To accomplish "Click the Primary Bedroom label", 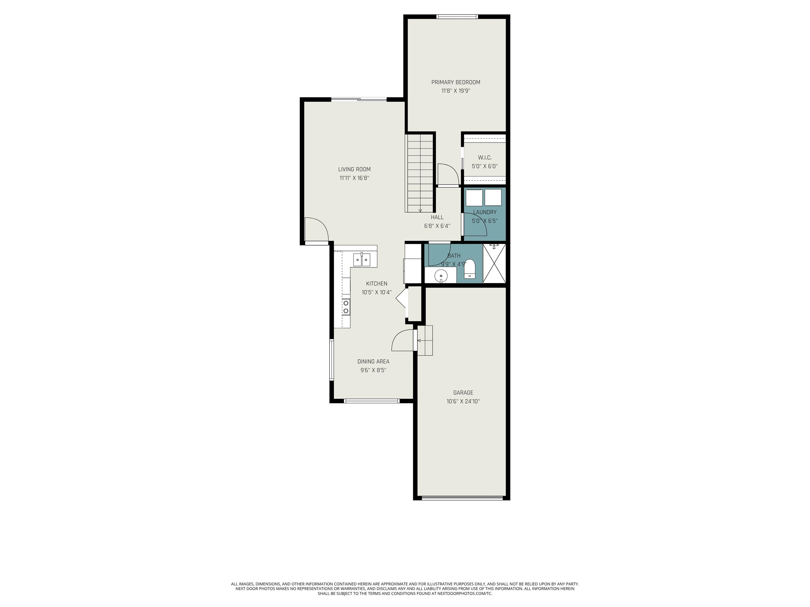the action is [456, 82].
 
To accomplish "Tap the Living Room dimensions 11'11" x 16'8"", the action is [354, 178].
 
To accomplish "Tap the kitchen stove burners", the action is [89, 307].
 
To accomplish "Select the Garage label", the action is [463, 393].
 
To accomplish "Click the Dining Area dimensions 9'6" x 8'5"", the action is [373, 370].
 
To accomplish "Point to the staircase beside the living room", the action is [420, 173].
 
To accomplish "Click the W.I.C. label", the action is [485, 158].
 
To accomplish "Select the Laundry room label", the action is [485, 212].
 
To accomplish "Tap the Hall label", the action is [437, 217].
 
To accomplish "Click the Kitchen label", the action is [377, 283].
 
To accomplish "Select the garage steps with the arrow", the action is [425, 340].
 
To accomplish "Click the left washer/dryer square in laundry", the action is [474, 198].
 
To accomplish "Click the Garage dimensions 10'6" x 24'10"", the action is [463, 402].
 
